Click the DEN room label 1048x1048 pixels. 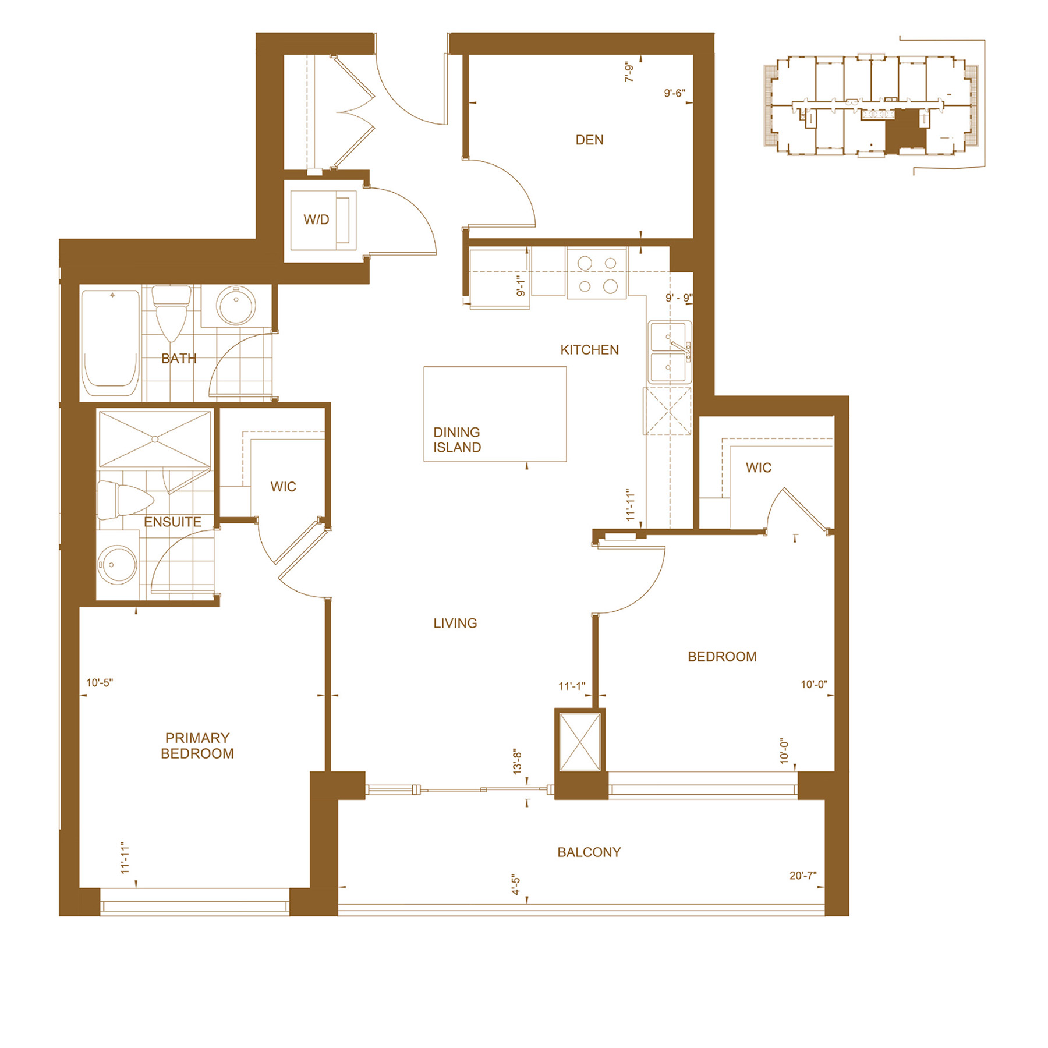(589, 140)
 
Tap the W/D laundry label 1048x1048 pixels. (316, 219)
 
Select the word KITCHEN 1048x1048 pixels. (589, 350)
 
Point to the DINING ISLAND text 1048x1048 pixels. (457, 440)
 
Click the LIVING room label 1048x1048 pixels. (455, 623)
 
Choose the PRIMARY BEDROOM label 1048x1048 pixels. (197, 746)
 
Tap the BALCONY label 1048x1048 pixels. (589, 852)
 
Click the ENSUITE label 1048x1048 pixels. (172, 522)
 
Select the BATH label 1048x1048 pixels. (179, 359)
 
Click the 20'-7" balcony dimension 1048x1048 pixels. (803, 876)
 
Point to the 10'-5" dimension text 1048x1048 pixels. (100, 682)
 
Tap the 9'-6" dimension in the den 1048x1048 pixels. (675, 93)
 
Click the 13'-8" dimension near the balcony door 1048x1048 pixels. (518, 762)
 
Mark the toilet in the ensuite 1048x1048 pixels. (125, 500)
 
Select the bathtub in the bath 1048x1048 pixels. (111, 343)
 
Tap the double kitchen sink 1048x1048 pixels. (670, 352)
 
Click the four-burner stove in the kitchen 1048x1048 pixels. (597, 274)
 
